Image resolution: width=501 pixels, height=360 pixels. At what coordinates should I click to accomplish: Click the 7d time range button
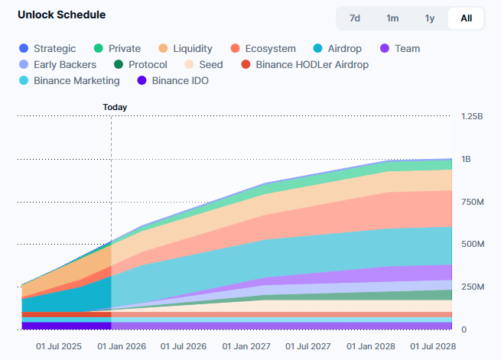[x=355, y=18]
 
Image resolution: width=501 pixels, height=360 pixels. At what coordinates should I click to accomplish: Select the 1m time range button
[x=392, y=18]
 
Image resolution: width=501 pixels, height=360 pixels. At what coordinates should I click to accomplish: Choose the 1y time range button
[x=429, y=18]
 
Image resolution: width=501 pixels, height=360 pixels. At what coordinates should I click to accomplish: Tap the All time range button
[x=466, y=18]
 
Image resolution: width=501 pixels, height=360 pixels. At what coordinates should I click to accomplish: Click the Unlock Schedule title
[x=62, y=15]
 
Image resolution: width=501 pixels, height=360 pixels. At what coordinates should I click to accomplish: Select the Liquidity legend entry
[x=186, y=49]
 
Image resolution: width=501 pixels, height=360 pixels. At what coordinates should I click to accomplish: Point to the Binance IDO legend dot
[x=142, y=80]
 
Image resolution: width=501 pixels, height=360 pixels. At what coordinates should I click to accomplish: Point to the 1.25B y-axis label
[x=472, y=116]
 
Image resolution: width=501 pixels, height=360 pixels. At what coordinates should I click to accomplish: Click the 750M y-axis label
[x=473, y=202]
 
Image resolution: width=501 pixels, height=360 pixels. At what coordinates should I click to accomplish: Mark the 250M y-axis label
[x=473, y=287]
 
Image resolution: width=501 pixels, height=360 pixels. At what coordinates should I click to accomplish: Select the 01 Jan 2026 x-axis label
[x=122, y=346]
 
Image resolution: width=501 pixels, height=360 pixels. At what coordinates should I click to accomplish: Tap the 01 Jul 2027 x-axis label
[x=309, y=346]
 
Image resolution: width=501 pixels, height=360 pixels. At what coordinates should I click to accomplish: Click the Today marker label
[x=115, y=108]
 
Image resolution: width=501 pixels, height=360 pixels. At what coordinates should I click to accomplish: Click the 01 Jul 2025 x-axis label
[x=60, y=346]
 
